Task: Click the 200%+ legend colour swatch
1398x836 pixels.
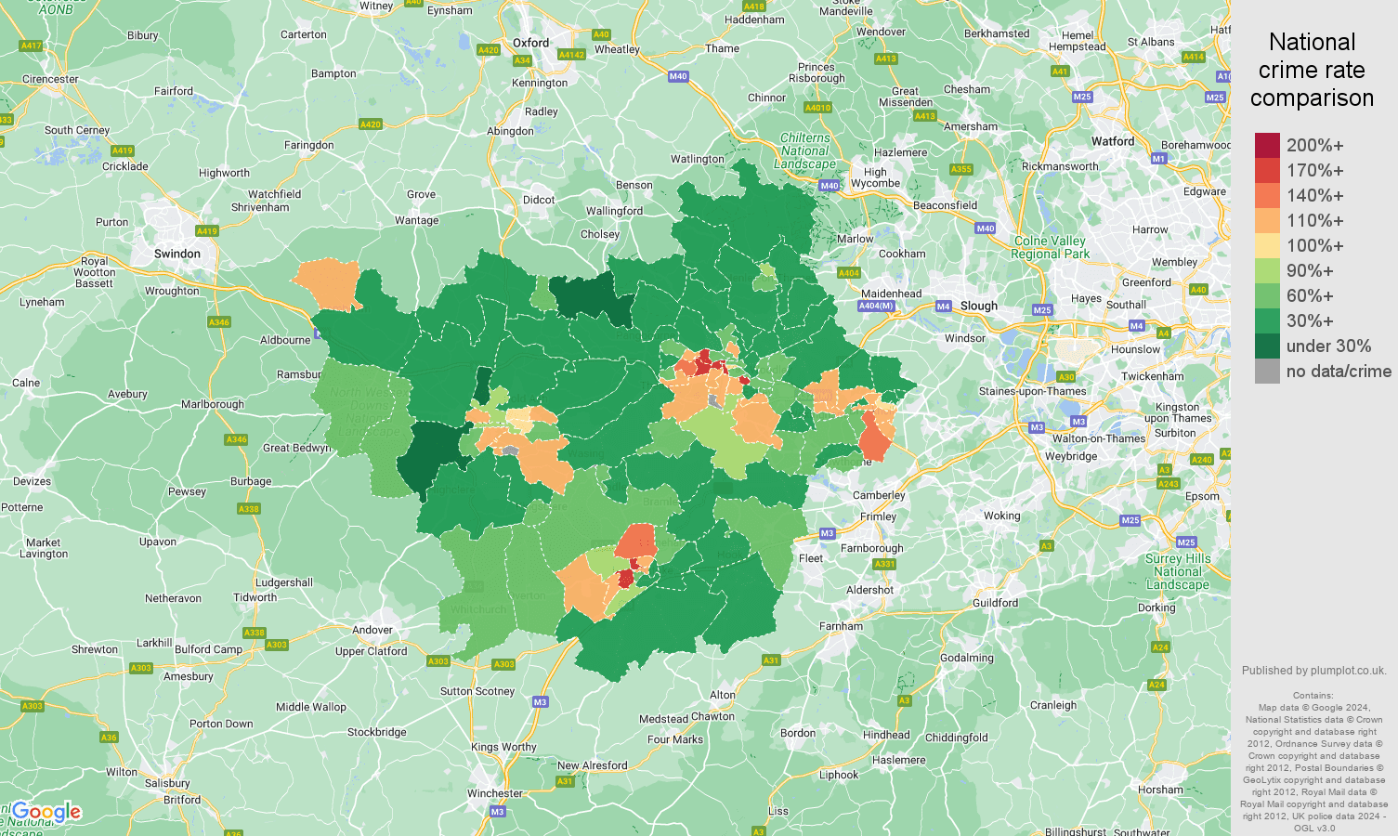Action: tap(1267, 146)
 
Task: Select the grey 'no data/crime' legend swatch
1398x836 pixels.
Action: tap(1267, 372)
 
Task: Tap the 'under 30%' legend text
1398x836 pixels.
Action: tap(1328, 346)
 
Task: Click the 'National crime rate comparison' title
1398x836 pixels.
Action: tap(1312, 70)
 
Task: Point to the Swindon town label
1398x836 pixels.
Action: tap(177, 254)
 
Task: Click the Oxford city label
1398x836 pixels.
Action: tap(530, 43)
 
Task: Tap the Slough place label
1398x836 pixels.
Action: tap(979, 306)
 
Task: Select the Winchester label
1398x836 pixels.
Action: tap(495, 793)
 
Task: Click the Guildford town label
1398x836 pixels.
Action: tap(995, 603)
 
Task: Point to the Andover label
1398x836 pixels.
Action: tap(372, 630)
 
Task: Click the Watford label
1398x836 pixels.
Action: tap(1113, 142)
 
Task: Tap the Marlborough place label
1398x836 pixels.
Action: tap(213, 404)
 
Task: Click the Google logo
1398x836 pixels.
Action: tap(46, 812)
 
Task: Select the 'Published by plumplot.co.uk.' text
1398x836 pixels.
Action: tap(1313, 671)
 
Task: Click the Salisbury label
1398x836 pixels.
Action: tap(167, 784)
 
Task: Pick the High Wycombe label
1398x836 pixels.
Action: tap(875, 177)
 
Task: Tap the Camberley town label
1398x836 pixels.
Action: tap(879, 495)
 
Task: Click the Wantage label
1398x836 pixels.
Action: tap(416, 221)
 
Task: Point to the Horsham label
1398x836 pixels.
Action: tap(1160, 790)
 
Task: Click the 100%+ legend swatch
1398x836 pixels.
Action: tap(1267, 246)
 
